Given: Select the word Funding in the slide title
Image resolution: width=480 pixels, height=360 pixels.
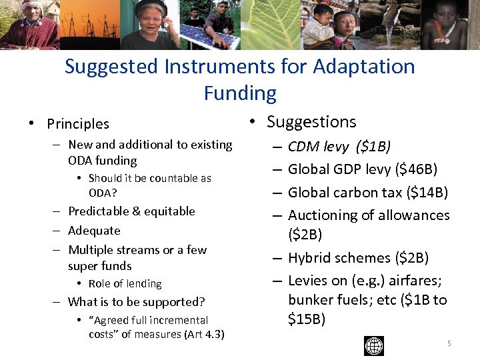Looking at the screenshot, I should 240,93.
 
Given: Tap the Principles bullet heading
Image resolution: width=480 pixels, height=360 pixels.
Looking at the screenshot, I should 78,123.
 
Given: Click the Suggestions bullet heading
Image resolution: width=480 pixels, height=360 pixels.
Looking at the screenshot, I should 311,122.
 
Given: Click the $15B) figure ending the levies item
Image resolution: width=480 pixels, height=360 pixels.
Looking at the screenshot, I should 307,319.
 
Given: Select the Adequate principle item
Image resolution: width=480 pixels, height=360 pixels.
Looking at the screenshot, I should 94,231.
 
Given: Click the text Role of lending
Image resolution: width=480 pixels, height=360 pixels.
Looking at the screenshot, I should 125,283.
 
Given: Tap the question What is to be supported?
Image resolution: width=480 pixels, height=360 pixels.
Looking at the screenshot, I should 136,301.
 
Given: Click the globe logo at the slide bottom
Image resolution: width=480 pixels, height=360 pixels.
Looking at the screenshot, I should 374,345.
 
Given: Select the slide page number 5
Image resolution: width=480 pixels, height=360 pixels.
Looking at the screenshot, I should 449,343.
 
